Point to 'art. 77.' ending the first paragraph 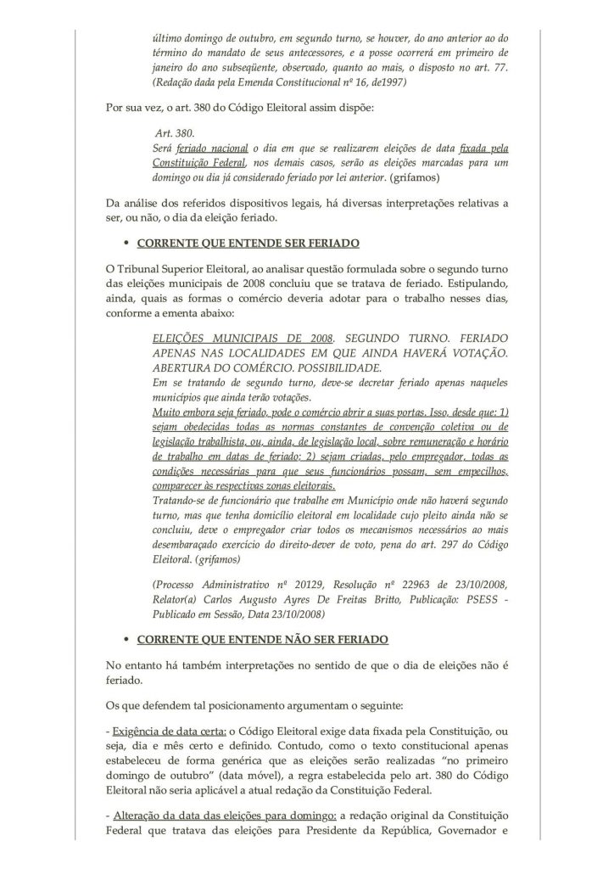click(487, 70)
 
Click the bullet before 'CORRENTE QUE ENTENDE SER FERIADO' click(125, 244)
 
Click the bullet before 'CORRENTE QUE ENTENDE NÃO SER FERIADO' click(125, 637)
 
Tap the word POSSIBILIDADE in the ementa click(327, 367)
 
